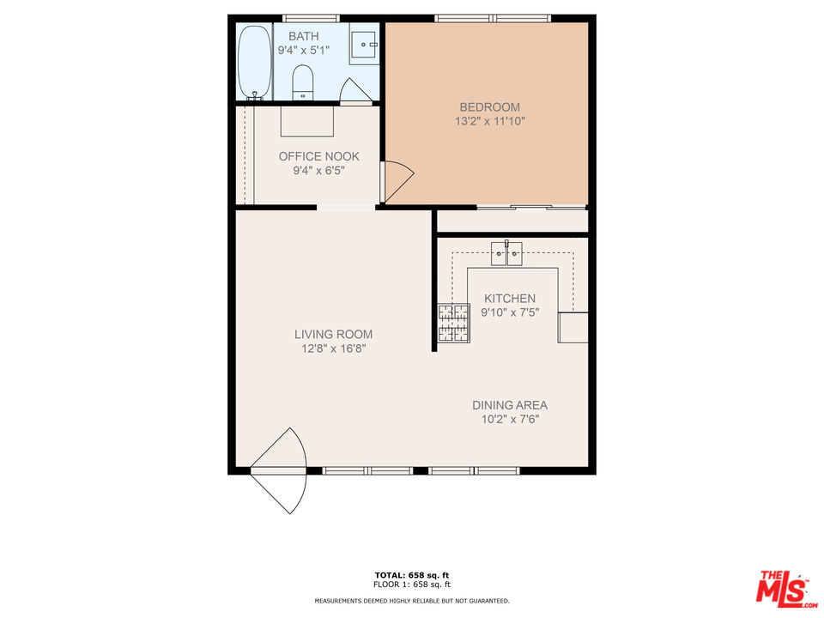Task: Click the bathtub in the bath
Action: coord(255,62)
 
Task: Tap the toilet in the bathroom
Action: coord(302,82)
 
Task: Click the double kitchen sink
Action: coord(506,254)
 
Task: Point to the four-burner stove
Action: coord(454,323)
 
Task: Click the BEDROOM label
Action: coord(490,107)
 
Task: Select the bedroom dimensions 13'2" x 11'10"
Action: coord(490,121)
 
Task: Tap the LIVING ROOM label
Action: coord(333,334)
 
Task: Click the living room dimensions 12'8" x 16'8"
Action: coord(333,348)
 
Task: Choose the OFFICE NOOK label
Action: coord(319,156)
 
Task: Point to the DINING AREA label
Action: coord(510,405)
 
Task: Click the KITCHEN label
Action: coord(510,299)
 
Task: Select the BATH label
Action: coord(304,36)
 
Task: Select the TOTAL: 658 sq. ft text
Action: coord(412,575)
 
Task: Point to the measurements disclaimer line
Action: coord(412,601)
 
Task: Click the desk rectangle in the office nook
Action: coord(307,121)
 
